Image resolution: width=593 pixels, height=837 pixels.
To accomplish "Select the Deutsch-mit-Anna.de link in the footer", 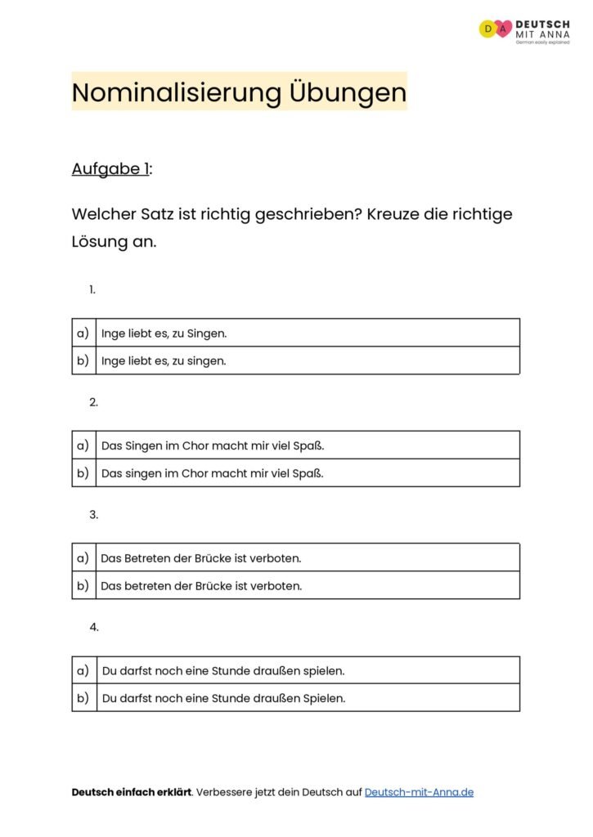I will (x=419, y=792).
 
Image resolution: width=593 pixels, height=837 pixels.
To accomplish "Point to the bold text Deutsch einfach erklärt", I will (x=132, y=792).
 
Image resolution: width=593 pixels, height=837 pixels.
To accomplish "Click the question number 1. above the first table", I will (x=92, y=289).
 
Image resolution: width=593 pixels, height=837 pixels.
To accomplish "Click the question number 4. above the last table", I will (x=94, y=627).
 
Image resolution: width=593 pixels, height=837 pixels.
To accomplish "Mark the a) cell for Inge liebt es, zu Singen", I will (x=83, y=333).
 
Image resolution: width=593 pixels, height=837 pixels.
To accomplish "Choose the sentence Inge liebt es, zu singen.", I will (x=164, y=360).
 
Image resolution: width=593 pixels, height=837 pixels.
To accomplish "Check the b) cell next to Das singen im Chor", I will (x=83, y=473).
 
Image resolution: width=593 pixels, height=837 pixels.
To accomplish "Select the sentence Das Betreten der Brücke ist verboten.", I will (x=201, y=558).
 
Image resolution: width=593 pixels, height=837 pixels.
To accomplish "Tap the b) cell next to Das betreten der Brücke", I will (x=83, y=586).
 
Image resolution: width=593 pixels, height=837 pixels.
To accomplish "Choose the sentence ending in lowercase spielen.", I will (x=223, y=671).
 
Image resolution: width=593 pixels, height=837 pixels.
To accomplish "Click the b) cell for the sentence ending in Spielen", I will (x=83, y=699).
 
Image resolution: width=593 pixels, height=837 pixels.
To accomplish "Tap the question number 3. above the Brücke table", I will (x=94, y=515).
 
